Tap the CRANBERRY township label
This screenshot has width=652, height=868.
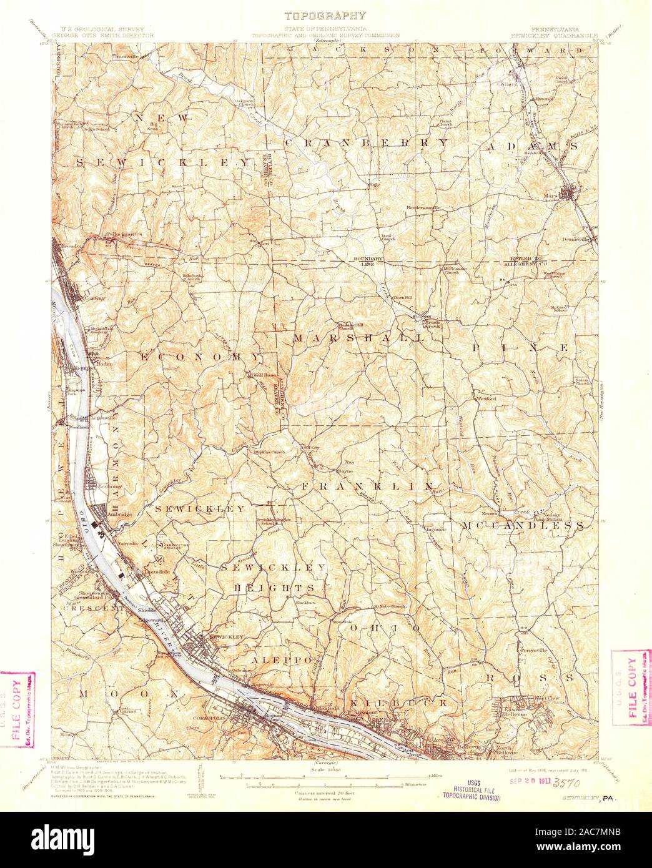[x=367, y=142]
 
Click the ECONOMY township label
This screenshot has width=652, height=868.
[x=199, y=357]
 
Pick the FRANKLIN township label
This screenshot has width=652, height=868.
[x=368, y=486]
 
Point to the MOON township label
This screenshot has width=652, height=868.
[x=132, y=694]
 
